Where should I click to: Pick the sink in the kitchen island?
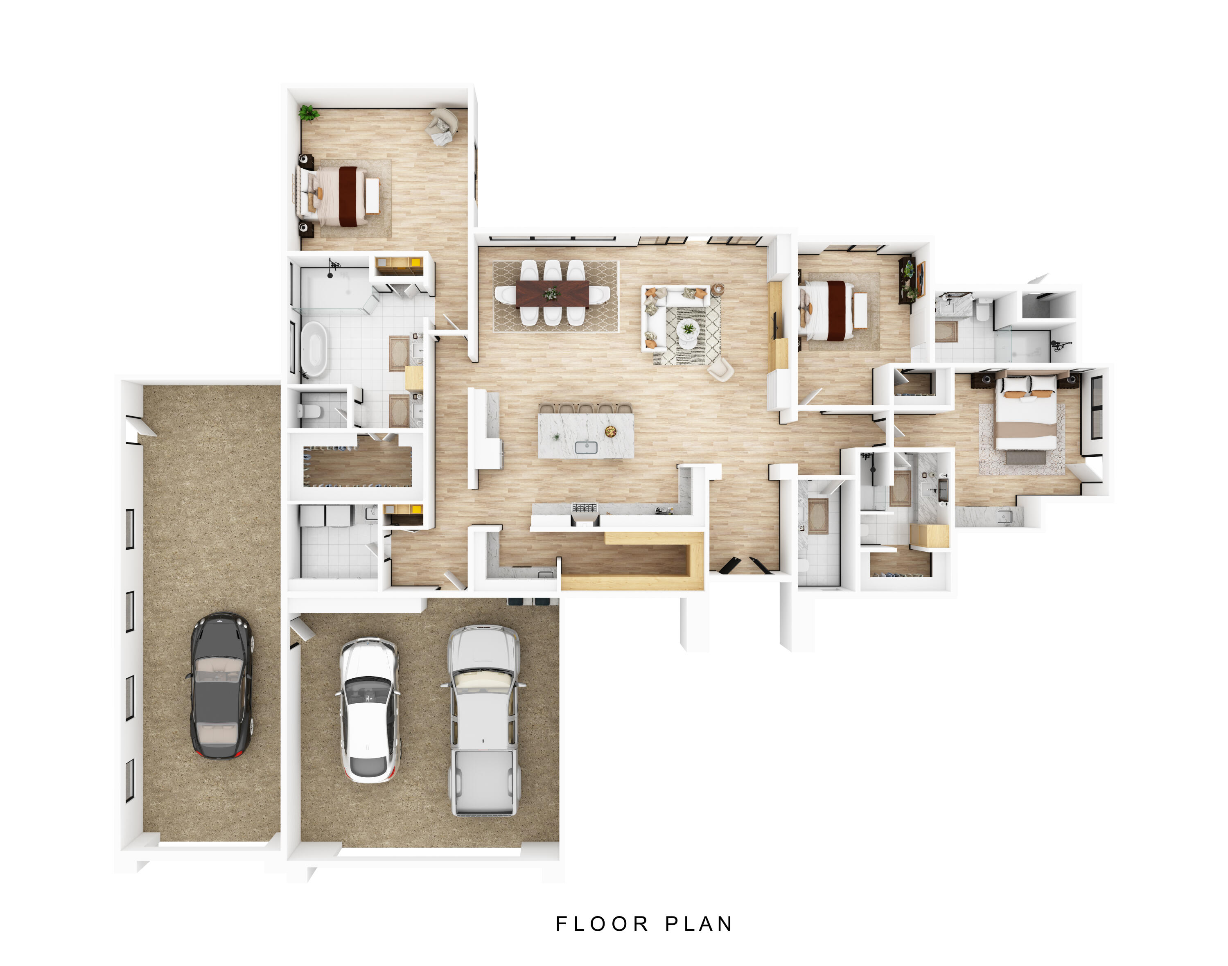586,447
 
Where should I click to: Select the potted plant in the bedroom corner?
308,113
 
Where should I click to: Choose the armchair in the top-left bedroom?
443,126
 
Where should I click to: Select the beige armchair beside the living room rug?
720,370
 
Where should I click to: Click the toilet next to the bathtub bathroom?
308,411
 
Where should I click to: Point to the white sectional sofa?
659,317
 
